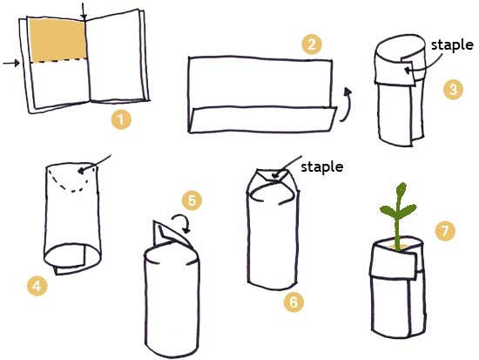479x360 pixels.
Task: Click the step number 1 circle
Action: tap(121, 119)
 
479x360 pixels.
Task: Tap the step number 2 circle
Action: tap(312, 44)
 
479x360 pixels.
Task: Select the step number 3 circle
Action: tap(453, 90)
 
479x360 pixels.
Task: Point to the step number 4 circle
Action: tap(37, 286)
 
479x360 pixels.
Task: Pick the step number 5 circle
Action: tap(192, 200)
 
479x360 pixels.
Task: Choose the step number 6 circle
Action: tap(293, 302)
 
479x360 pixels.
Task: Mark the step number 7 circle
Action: tap(445, 230)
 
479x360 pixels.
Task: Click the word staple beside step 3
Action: tap(452, 45)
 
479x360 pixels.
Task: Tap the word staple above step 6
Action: tap(322, 167)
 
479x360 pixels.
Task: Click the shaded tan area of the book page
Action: tap(57, 40)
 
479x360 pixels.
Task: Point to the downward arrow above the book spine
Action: tap(84, 11)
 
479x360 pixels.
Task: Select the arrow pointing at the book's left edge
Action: tap(11, 64)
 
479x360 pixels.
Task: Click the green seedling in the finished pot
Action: tap(397, 214)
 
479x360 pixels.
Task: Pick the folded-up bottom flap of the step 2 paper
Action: tap(263, 119)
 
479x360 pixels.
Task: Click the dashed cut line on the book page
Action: tap(59, 60)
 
